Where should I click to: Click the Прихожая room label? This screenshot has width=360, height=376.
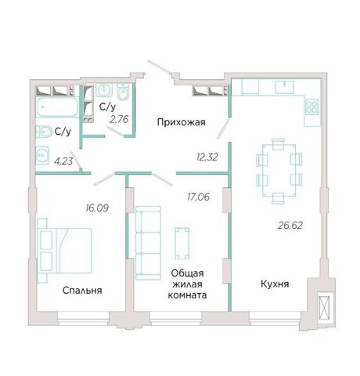(182, 122)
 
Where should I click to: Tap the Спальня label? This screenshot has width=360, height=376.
(82, 291)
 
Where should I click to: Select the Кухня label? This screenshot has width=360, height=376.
(275, 284)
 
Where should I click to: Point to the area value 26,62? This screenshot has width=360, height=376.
(290, 225)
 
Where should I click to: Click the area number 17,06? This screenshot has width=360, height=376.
(198, 197)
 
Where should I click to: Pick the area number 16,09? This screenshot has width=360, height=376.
(97, 208)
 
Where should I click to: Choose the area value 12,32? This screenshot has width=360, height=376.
(207, 157)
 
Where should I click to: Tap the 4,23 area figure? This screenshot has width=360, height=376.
(63, 161)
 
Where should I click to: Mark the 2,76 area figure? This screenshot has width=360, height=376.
(119, 120)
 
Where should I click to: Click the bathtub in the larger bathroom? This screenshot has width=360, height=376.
(57, 107)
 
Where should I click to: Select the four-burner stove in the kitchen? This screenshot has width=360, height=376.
(312, 107)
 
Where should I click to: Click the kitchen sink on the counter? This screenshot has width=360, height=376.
(285, 87)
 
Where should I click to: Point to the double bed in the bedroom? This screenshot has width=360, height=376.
(65, 251)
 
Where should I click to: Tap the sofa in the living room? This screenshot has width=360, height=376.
(148, 243)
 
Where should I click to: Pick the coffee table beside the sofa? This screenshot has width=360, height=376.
(182, 244)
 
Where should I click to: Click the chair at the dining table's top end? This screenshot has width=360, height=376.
(279, 144)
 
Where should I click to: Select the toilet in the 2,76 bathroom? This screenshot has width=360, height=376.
(123, 92)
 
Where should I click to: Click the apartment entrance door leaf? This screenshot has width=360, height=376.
(159, 67)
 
